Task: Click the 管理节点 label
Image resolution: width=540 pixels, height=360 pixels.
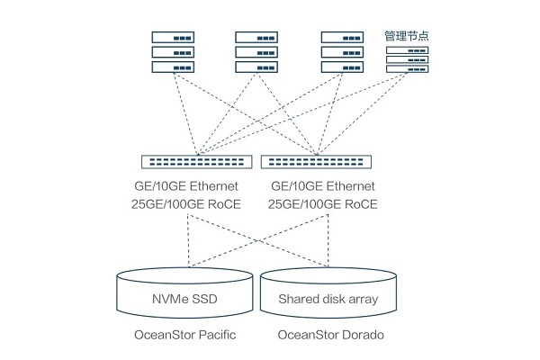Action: point(407,35)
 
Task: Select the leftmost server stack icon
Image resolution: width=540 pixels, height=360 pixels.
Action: point(174,52)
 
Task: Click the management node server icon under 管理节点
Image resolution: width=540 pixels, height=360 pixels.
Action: point(407,59)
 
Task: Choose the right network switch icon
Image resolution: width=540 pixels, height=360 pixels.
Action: point(317,162)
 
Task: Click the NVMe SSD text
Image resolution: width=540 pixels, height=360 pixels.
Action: point(184,299)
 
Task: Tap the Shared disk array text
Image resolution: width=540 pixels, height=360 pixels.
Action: point(328,299)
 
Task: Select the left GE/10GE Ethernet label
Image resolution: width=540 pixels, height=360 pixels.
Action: point(185,186)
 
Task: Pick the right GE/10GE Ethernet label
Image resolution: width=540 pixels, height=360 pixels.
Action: point(323,186)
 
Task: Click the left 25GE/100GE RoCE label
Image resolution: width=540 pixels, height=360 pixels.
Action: point(185,205)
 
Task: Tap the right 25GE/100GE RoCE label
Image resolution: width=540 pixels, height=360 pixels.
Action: point(323,205)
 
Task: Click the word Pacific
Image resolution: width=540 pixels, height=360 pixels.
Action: point(215,336)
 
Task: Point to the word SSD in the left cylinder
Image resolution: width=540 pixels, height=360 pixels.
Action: point(206,299)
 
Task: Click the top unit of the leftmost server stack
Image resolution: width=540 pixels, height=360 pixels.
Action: point(174,38)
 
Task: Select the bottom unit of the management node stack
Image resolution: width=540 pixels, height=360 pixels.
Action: point(407,70)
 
